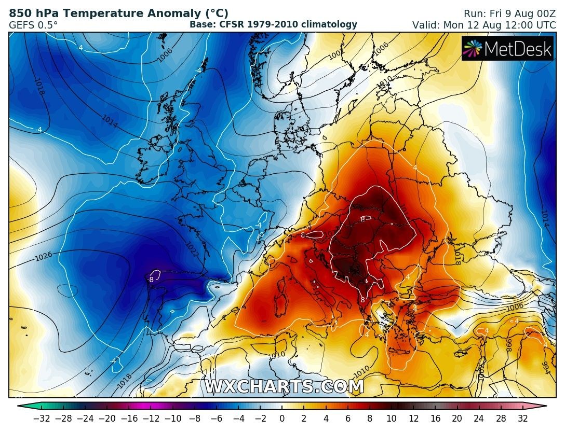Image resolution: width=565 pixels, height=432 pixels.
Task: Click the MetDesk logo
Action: tap(508, 48)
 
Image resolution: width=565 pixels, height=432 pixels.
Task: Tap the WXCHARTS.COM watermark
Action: tap(284, 387)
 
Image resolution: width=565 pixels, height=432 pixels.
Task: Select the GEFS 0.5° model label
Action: tap(33, 24)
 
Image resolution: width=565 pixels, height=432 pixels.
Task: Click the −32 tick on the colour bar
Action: tap(41, 418)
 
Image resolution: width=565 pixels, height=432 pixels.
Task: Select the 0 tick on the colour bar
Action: tap(282, 418)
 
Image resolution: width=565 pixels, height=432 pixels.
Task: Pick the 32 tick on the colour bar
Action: tap(522, 418)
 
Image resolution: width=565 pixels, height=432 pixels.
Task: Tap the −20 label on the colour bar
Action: tap(106, 418)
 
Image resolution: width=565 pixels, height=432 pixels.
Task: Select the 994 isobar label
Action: tap(545, 367)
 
